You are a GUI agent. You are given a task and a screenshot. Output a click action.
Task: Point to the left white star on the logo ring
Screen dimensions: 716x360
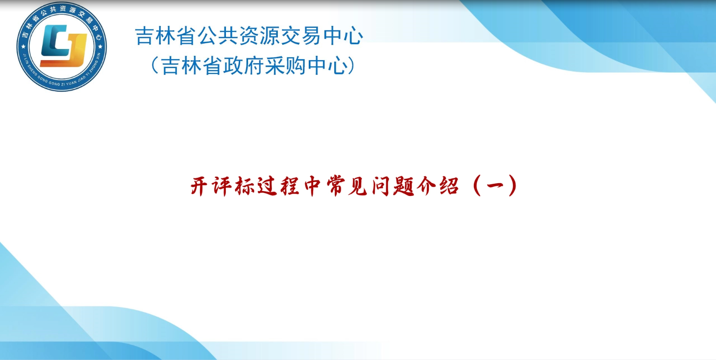[x=23, y=47]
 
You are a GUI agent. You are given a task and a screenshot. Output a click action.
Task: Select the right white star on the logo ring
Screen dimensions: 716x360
[x=100, y=47]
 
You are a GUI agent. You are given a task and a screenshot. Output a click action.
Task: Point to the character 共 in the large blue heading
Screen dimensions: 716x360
[x=229, y=35]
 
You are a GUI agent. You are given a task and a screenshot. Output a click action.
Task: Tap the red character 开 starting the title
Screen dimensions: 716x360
[x=199, y=186]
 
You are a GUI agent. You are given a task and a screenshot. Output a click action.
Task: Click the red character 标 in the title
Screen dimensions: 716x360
[x=245, y=186]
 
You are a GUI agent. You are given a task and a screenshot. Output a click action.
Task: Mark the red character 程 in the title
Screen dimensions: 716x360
[x=290, y=186]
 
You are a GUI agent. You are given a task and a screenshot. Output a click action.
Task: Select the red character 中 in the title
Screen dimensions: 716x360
[x=312, y=186]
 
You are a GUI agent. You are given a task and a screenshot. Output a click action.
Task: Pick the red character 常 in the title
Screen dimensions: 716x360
[x=335, y=186]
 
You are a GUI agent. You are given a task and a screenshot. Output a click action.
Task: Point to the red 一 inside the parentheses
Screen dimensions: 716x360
[x=495, y=186]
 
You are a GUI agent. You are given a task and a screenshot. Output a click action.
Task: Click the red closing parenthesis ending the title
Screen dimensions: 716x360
[x=513, y=186]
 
